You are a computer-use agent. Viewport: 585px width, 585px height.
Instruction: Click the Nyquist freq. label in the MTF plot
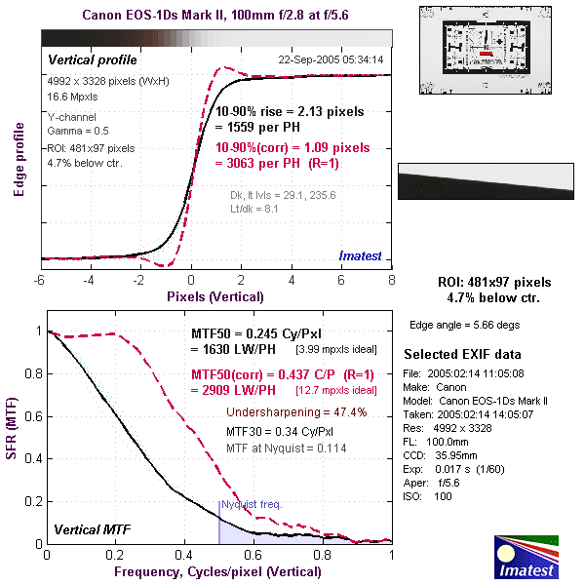(252, 505)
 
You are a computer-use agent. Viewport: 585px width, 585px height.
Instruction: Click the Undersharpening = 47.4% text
(296, 411)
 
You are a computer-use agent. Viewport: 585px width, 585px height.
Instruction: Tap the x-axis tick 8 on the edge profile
(392, 281)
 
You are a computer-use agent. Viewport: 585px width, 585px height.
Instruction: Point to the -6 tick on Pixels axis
(40, 281)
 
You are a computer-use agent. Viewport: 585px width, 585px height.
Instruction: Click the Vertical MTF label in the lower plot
(92, 530)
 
